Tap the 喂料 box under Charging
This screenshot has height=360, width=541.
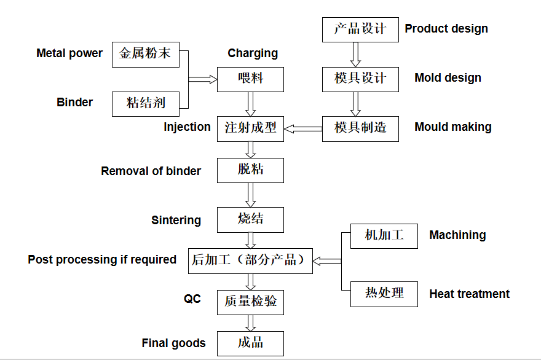point(250,79)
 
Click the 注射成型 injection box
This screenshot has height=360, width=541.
point(250,128)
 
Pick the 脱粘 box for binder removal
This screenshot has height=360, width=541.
point(250,170)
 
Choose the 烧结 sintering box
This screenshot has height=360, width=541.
point(250,219)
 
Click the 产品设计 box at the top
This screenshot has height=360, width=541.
point(360,29)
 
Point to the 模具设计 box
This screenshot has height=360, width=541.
point(360,79)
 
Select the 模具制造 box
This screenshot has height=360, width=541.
point(360,128)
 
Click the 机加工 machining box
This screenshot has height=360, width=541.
point(384,236)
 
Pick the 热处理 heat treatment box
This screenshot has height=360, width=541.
point(384,294)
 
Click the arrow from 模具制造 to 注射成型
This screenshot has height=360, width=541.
point(303,128)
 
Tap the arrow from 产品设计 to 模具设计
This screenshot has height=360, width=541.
point(355,54)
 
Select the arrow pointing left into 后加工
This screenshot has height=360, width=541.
point(326,261)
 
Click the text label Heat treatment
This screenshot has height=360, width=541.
point(469,294)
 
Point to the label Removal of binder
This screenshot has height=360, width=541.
point(151,171)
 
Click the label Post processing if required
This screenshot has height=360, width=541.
point(102,260)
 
